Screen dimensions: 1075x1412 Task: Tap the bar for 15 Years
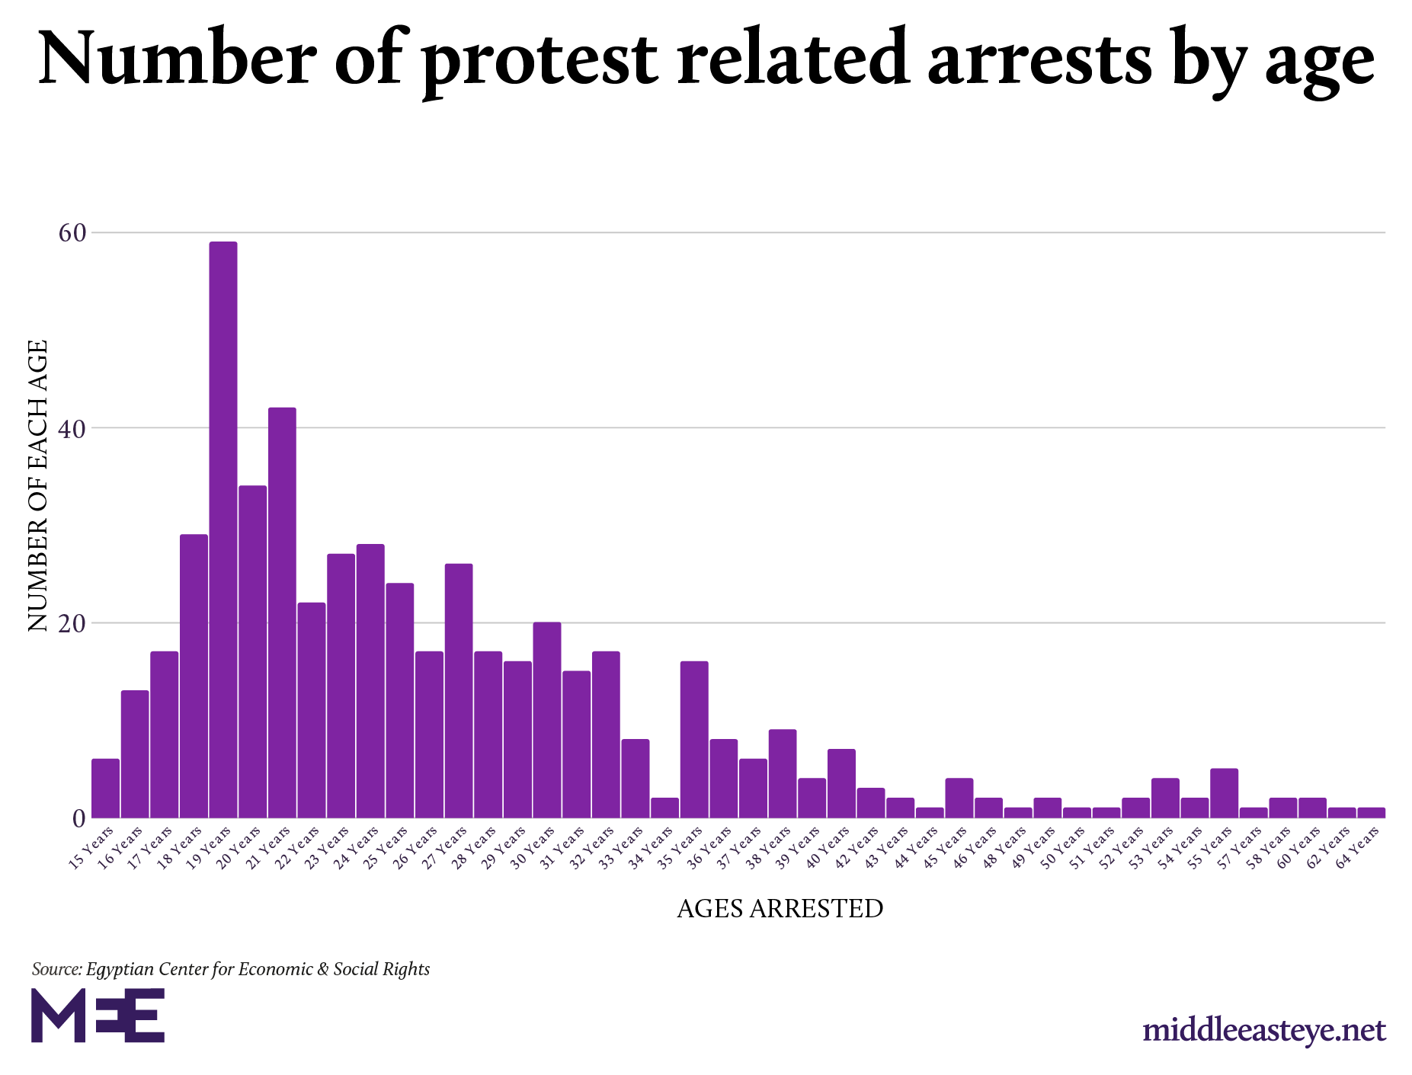(105, 789)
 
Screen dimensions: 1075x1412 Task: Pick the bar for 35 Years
(694, 740)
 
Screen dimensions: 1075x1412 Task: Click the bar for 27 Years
(459, 690)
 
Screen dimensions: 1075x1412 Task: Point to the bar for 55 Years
(1224, 793)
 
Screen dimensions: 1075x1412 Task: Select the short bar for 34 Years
(664, 808)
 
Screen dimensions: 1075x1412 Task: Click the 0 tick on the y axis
(78, 819)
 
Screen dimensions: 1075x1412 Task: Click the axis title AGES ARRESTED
(780, 908)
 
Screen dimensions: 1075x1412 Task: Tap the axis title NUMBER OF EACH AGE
(37, 485)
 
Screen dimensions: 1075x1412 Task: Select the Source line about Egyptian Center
(231, 969)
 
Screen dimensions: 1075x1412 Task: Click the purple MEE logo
(98, 1016)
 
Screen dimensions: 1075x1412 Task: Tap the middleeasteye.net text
(1264, 1031)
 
